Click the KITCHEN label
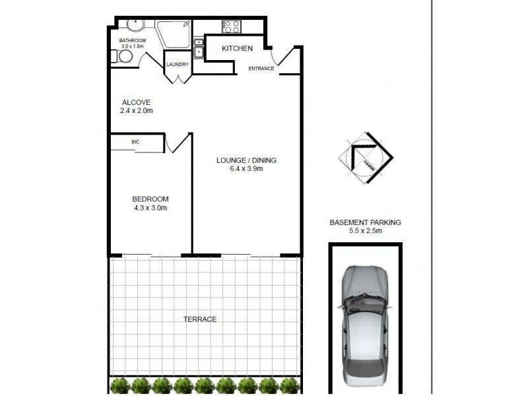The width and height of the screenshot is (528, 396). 237,49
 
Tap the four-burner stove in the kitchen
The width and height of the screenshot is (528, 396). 232,26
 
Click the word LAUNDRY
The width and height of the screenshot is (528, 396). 178,65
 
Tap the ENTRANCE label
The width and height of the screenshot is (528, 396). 261,69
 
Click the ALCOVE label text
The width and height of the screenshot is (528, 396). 137,102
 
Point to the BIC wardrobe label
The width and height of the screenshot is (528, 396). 135,141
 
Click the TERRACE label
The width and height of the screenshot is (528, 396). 199,319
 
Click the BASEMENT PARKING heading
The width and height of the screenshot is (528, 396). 365,223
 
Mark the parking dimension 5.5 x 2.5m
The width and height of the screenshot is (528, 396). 365,232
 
